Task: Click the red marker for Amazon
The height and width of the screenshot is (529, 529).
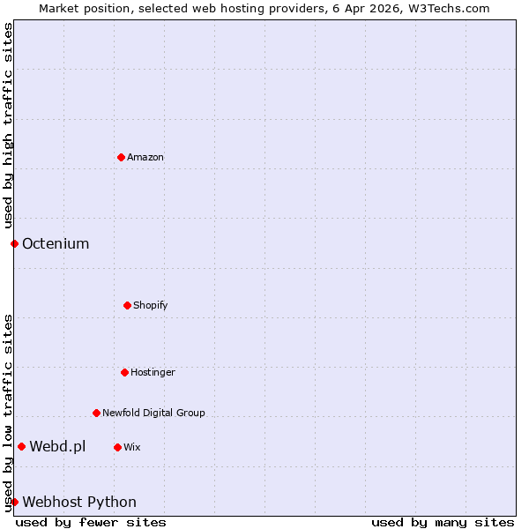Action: click(121, 157)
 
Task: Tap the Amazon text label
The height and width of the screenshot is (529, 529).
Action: click(145, 157)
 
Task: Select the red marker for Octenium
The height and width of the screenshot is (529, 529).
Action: click(14, 243)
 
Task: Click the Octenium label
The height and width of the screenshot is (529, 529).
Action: click(56, 243)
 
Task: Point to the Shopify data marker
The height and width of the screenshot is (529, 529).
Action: click(127, 305)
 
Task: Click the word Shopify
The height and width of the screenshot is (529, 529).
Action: click(151, 305)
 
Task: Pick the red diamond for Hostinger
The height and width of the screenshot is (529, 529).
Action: click(124, 372)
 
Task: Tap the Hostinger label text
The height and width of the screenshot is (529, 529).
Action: click(153, 372)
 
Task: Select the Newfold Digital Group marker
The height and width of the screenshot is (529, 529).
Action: click(96, 413)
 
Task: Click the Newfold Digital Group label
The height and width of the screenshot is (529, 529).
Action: click(153, 413)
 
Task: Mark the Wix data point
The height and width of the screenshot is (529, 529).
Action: click(117, 447)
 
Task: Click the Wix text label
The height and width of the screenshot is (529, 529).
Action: click(132, 447)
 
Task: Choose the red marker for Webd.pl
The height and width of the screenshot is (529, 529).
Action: click(21, 446)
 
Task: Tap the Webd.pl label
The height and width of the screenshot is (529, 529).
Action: click(57, 446)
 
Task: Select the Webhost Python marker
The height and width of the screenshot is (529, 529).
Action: click(14, 502)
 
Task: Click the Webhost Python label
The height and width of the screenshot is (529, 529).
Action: click(79, 502)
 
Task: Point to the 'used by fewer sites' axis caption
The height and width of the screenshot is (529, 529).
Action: click(91, 522)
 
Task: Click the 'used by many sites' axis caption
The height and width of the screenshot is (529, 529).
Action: click(443, 522)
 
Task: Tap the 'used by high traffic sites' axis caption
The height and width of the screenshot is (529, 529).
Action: click(8, 126)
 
